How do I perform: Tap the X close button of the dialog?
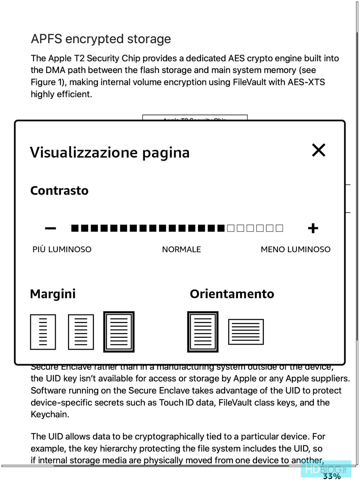click(319, 150)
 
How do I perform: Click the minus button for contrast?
click(50, 228)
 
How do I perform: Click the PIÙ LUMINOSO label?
click(62, 249)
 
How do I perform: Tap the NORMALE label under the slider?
click(181, 249)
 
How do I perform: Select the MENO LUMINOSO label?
click(296, 249)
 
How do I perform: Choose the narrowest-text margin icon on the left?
click(43, 332)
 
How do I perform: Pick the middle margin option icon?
click(81, 332)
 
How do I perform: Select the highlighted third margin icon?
click(119, 332)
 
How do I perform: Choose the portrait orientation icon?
click(203, 332)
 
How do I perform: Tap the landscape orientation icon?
click(246, 332)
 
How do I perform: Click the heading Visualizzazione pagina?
click(110, 153)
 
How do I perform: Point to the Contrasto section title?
click(59, 191)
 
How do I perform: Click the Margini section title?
click(53, 294)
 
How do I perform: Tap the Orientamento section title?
click(232, 294)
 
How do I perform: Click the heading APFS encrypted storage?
click(101, 39)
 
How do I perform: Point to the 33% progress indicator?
click(332, 476)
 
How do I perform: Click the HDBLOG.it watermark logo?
click(325, 469)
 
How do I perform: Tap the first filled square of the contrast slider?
click(75, 228)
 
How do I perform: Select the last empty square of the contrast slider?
click(279, 228)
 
